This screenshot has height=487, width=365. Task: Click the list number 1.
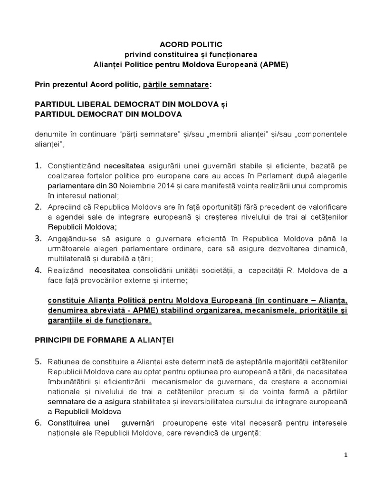(38, 166)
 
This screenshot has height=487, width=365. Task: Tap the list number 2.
(38, 207)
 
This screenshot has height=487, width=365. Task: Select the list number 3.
(38, 238)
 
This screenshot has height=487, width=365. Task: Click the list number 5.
(38, 362)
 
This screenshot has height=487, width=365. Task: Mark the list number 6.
(38, 423)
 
